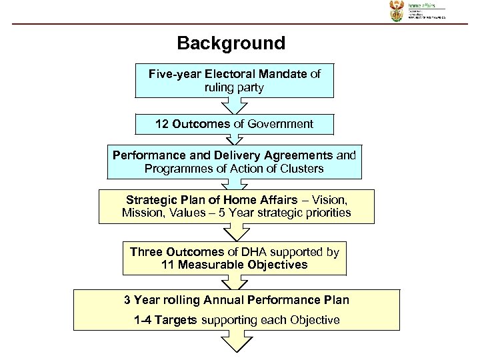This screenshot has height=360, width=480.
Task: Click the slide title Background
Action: point(231,44)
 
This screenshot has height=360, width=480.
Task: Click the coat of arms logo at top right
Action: point(394,13)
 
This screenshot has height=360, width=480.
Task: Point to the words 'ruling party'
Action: point(234,87)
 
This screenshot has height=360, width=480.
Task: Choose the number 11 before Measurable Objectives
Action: point(168,265)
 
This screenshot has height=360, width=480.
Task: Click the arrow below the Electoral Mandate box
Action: point(234,107)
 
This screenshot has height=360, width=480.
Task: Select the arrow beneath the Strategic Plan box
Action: point(234,232)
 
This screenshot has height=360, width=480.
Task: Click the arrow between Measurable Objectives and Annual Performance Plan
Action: point(234,281)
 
